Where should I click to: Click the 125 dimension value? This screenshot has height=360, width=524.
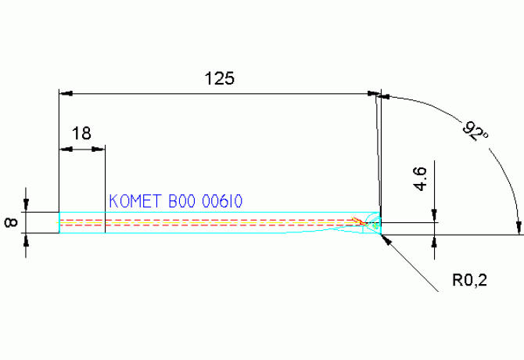point(220,78)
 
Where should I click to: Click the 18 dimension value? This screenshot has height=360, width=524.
point(81,133)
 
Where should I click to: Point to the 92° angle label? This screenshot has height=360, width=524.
point(475,131)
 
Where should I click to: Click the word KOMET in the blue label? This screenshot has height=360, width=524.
point(135,201)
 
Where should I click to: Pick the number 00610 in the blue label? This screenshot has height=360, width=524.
point(222,201)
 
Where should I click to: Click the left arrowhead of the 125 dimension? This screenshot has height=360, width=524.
point(66,93)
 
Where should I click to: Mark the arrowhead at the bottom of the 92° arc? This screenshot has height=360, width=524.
point(519,228)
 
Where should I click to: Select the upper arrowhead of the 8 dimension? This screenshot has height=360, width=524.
point(27,206)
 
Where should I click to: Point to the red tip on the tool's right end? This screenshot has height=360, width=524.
point(361,221)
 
